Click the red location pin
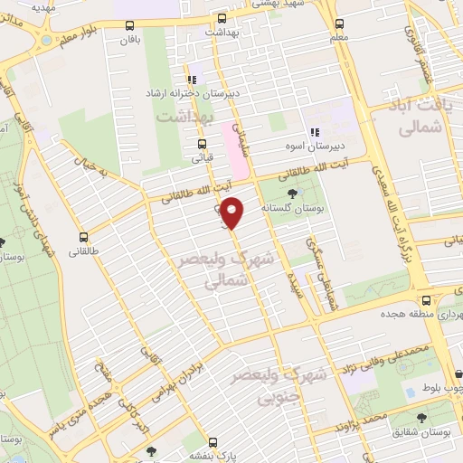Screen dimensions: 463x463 pos(232,213)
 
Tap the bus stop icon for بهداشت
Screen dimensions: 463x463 pos(222,17)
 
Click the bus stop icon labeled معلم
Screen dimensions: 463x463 pos(338,24)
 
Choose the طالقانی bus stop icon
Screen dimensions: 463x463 pos(82,230)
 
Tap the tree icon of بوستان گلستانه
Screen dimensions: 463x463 pos(291,194)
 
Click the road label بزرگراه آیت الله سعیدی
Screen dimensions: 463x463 pos(390,208)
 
